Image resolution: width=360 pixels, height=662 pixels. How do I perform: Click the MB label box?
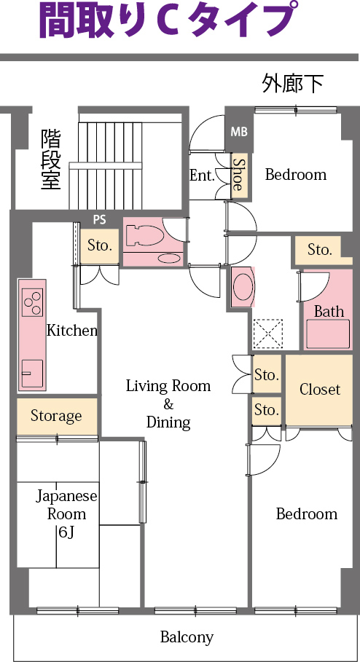tap(238, 132)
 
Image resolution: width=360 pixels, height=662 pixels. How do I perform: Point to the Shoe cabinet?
tap(237, 176)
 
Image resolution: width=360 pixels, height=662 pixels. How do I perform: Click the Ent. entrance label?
tap(201, 176)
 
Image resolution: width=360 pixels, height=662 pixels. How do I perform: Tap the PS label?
tap(100, 219)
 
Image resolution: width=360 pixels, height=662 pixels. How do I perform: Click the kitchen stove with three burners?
tap(32, 302)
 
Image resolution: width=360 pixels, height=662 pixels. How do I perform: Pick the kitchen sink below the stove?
tap(31, 373)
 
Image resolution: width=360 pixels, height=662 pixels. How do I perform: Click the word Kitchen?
tap(72, 331)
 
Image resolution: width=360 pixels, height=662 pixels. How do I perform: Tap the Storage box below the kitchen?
tap(56, 416)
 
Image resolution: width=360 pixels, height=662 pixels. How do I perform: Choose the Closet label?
tap(319, 390)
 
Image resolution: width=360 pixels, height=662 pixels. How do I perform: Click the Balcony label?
tap(187, 637)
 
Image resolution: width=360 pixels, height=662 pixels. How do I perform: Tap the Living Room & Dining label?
tap(168, 403)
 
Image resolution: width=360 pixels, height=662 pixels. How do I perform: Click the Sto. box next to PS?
tap(99, 245)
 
